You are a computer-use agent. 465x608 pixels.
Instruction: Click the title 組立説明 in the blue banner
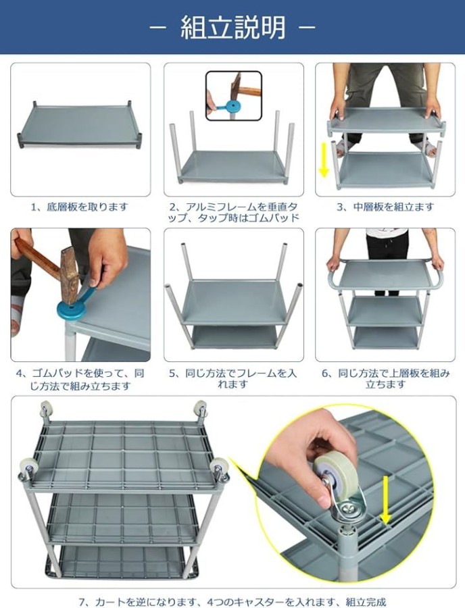tap(232, 28)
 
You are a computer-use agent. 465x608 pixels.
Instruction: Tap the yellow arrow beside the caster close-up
tap(385, 499)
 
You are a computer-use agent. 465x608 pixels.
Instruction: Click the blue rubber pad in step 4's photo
tap(76, 305)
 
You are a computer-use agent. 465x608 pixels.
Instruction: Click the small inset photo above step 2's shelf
tap(233, 95)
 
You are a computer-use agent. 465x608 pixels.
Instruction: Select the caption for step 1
tap(80, 207)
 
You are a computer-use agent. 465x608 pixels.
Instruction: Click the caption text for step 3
tap(385, 207)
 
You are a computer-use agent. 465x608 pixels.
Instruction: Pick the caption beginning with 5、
tap(232, 379)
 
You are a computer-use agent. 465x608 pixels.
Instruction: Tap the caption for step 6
tap(385, 379)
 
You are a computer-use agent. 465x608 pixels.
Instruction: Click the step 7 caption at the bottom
tap(232, 602)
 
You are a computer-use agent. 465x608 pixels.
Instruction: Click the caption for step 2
tap(233, 212)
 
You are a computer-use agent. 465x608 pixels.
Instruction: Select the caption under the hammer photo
tap(80, 380)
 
